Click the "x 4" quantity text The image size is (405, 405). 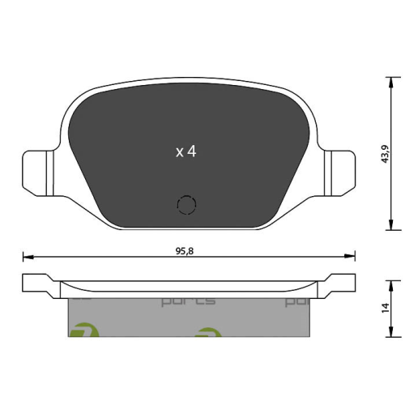(x=186, y=151)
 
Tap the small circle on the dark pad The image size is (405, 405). (x=186, y=207)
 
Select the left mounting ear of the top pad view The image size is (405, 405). (x=36, y=171)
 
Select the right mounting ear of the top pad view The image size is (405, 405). (x=337, y=171)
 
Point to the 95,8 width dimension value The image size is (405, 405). (x=187, y=251)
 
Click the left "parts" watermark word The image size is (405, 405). (x=188, y=301)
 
